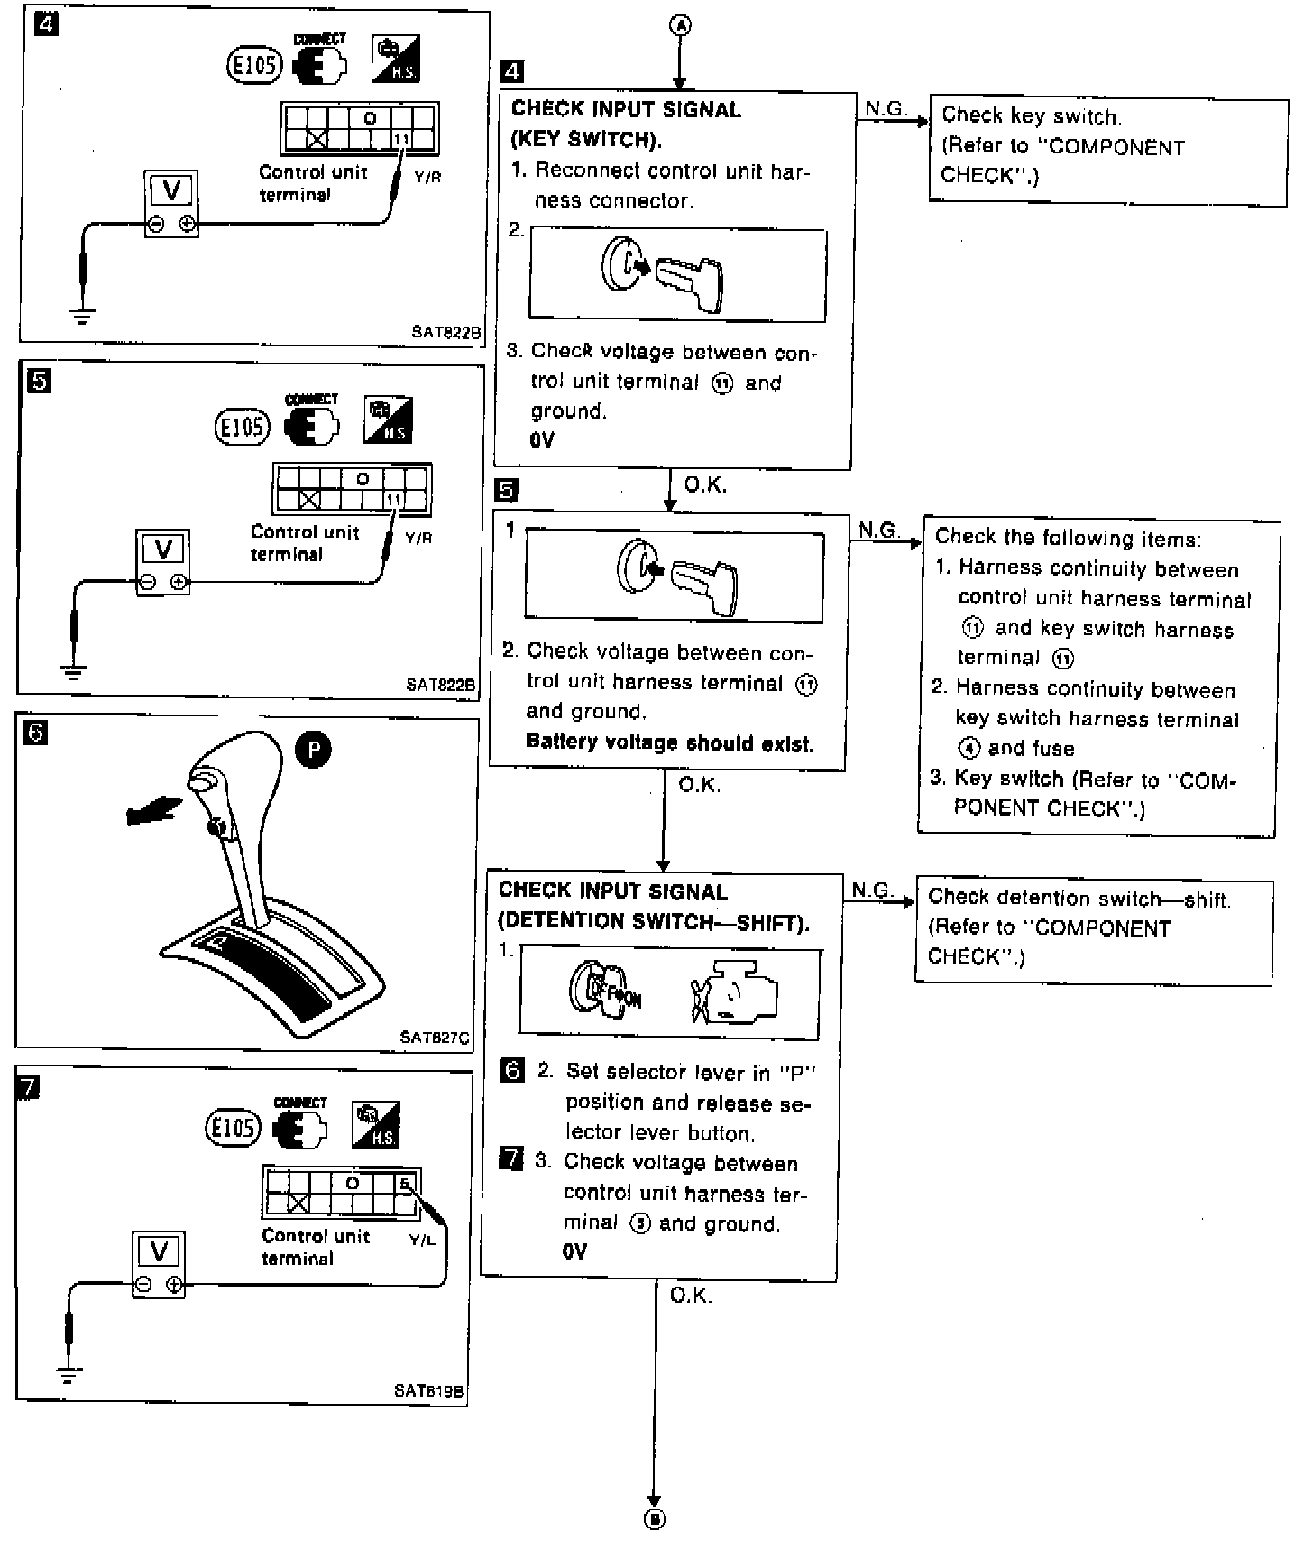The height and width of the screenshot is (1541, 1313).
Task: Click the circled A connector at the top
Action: click(680, 26)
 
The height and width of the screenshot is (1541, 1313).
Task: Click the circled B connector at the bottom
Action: click(656, 1519)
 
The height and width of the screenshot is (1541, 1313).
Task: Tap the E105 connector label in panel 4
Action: click(254, 64)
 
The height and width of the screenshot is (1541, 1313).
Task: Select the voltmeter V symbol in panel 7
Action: click(160, 1252)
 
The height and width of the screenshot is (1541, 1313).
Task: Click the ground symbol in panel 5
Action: click(74, 672)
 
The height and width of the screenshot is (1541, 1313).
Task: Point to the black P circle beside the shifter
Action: click(314, 751)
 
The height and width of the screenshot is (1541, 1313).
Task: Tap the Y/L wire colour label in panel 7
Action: click(422, 1241)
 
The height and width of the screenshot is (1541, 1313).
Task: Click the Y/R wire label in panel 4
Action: click(427, 178)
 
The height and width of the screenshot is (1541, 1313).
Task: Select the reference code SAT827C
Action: click(435, 1038)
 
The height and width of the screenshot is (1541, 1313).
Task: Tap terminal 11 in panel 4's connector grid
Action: click(402, 140)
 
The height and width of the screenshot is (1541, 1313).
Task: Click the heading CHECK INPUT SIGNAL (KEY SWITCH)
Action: click(626, 125)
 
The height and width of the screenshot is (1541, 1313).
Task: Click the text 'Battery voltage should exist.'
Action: click(669, 743)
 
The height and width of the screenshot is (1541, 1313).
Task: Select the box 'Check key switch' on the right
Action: click(1107, 146)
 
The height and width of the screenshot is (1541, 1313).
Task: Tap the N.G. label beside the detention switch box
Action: click(872, 890)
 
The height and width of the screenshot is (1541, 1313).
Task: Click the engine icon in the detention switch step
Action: click(735, 993)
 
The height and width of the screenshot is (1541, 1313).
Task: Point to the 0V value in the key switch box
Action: click(543, 440)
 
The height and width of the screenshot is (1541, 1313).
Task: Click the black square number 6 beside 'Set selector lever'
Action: click(512, 1071)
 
